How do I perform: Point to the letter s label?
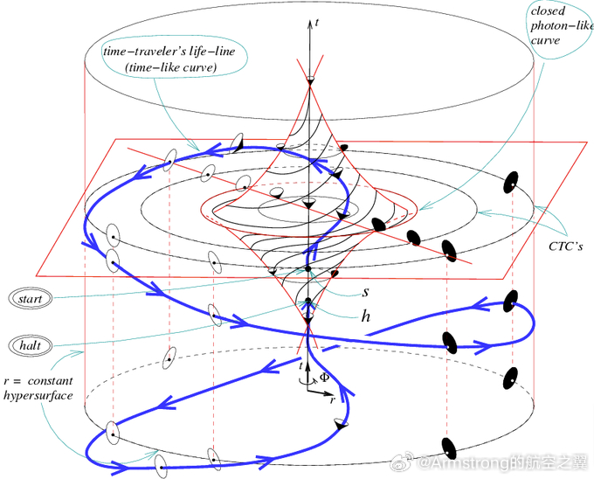pos(366,294)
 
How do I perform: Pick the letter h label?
pos(367,316)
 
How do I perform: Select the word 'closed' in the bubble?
pos(549,11)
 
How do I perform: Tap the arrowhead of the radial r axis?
pos(325,391)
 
